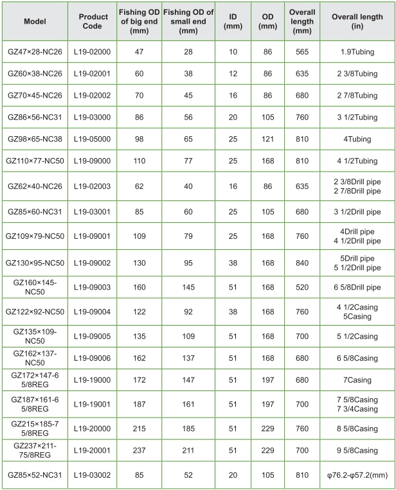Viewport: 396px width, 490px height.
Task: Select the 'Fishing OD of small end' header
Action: coord(188,21)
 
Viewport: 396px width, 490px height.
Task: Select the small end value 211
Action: coord(188,450)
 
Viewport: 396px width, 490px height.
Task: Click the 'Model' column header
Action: coord(35,21)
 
